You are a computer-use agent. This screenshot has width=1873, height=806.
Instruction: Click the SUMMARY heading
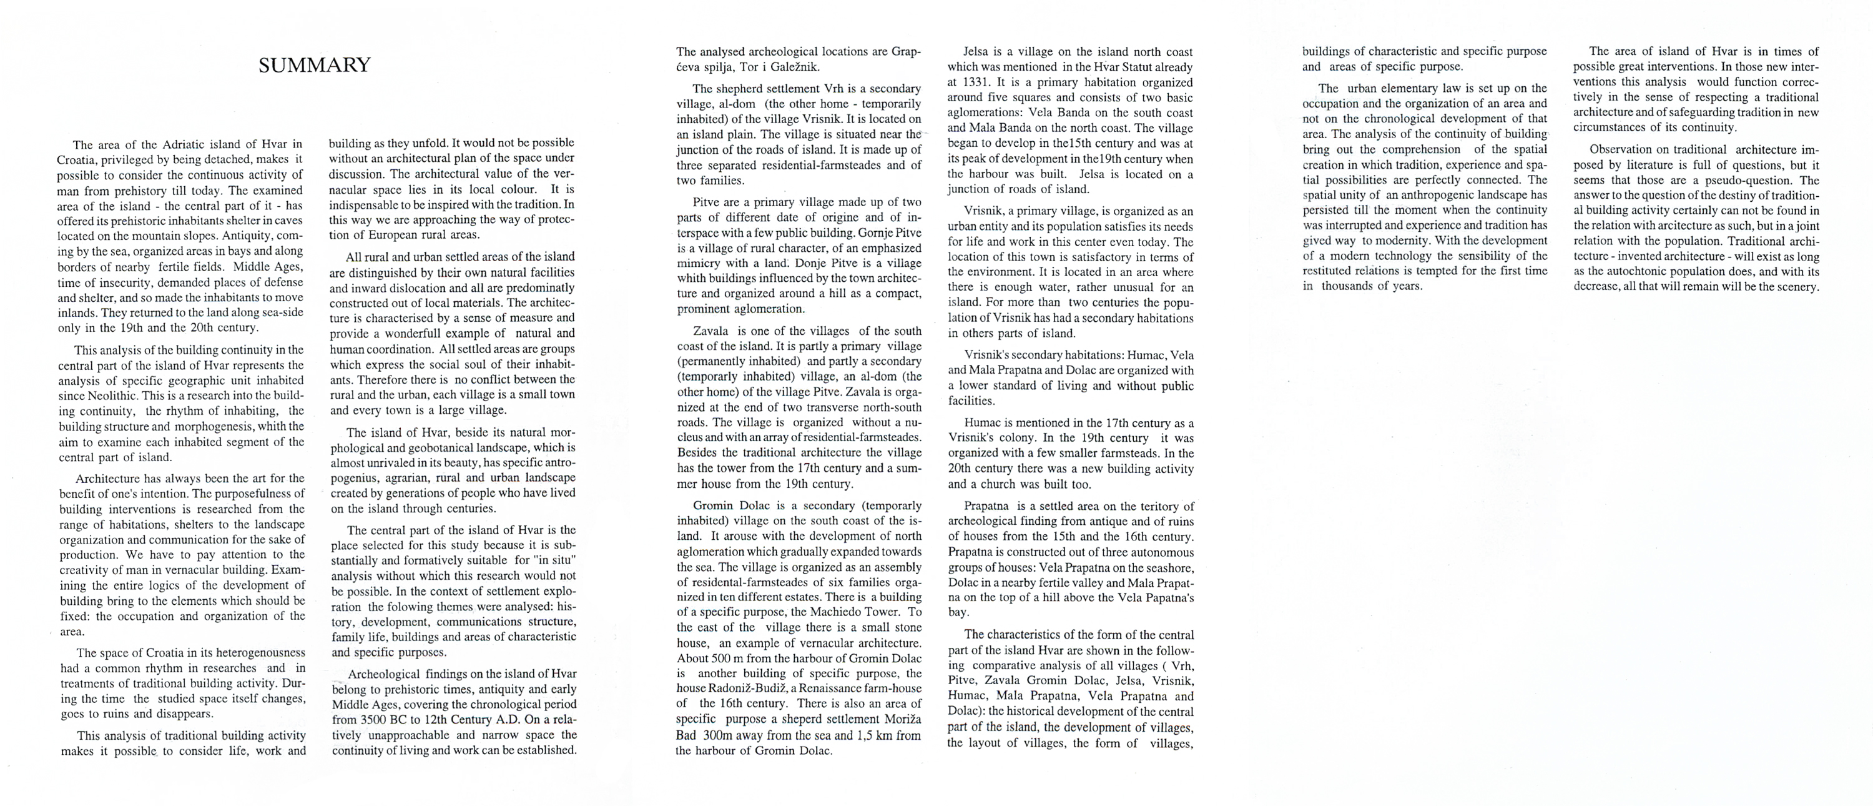tap(314, 66)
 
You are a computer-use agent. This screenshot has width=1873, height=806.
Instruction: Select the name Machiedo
tap(826, 612)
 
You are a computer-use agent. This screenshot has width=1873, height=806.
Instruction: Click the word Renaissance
tap(830, 688)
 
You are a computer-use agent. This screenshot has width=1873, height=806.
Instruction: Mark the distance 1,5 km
tap(874, 735)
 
